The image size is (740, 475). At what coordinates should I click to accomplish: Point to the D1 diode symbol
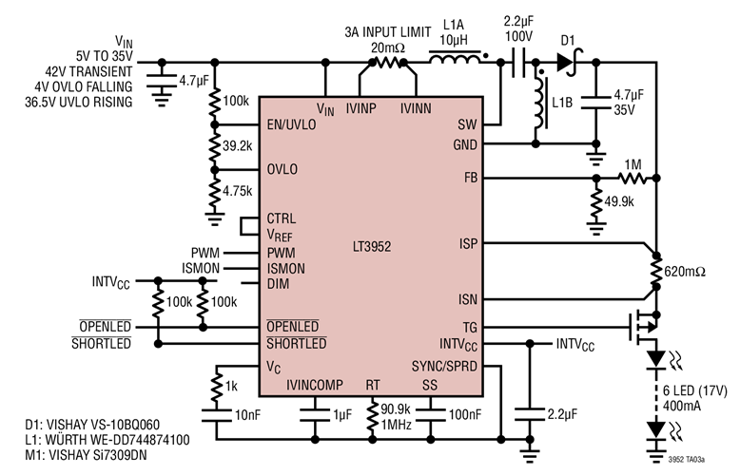tap(567, 63)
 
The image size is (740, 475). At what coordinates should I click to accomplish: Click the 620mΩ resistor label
tap(686, 272)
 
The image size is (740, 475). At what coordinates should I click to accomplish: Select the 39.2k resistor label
tap(239, 147)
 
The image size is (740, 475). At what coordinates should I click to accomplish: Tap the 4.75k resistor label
tap(239, 190)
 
